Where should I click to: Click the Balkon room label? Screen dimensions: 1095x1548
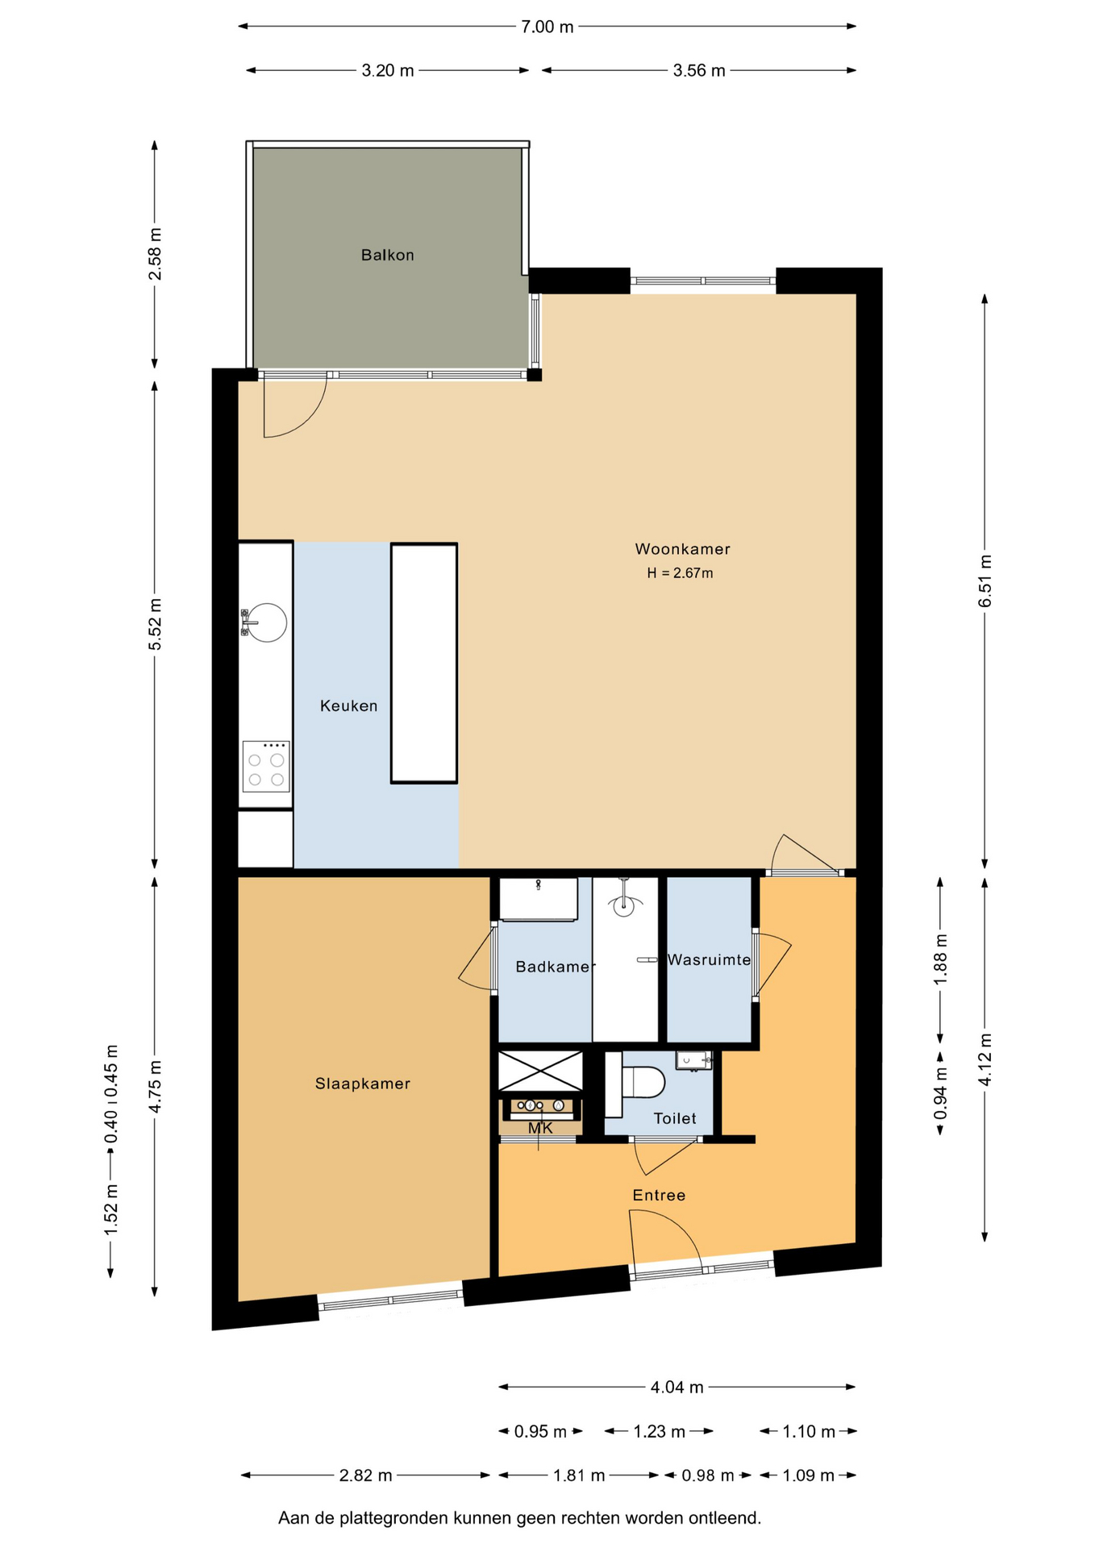[x=387, y=255]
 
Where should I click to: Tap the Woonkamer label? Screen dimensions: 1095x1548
[x=682, y=549]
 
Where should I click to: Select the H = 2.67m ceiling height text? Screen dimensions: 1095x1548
[x=680, y=573]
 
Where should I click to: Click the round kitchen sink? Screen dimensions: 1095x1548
[x=265, y=622]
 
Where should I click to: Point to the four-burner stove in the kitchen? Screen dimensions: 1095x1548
[x=266, y=767]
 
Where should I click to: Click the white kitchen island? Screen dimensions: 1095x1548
[x=424, y=664]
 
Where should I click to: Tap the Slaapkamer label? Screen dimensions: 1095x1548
[x=363, y=1084]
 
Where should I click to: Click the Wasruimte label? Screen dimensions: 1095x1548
[x=709, y=960]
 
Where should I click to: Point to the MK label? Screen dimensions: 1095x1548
[x=540, y=1128]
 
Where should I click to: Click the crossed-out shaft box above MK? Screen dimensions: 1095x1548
[x=540, y=1071]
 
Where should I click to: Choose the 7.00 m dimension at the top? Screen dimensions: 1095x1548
[x=547, y=27]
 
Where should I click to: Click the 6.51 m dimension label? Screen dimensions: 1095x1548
[x=985, y=581]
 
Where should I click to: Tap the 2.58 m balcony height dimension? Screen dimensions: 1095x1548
[x=155, y=254]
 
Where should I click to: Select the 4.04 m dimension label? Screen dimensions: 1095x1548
[x=677, y=1387]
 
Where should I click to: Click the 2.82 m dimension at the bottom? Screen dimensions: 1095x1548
[x=365, y=1475]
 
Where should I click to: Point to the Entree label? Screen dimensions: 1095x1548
[x=659, y=1195]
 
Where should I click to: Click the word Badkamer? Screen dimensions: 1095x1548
[x=556, y=966]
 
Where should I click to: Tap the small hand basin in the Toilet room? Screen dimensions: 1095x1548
[x=693, y=1060]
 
